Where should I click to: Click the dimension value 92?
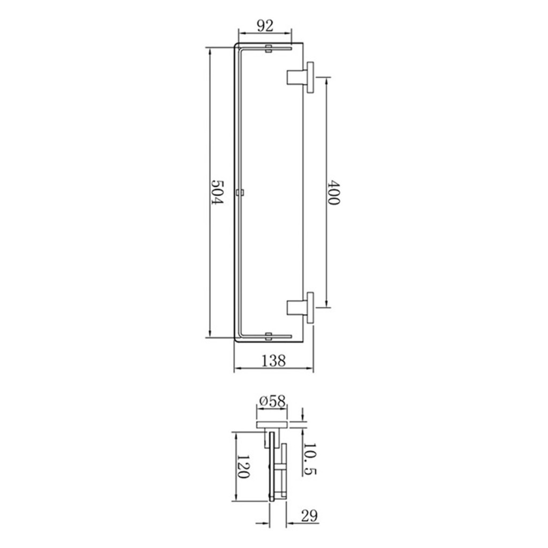click(x=265, y=26)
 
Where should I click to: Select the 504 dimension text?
click(x=217, y=192)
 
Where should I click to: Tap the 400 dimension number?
click(x=333, y=192)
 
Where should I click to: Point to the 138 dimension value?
click(x=273, y=360)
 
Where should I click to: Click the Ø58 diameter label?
click(x=272, y=401)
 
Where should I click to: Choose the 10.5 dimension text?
click(x=309, y=459)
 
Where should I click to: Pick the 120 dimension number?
click(x=243, y=467)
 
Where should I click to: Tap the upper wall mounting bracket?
click(x=300, y=77)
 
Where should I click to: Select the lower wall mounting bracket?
click(x=300, y=308)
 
